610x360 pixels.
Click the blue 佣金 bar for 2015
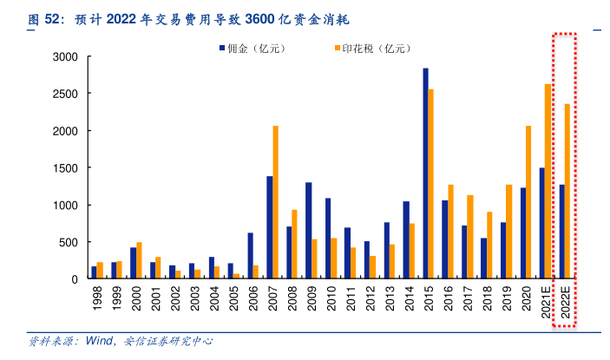pyautogui.click(x=425, y=173)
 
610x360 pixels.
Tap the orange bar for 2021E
pyautogui.click(x=548, y=181)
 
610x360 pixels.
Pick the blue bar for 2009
pyautogui.click(x=308, y=231)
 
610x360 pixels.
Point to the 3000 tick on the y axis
pyautogui.click(x=66, y=57)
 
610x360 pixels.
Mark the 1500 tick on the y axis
pyautogui.click(x=66, y=168)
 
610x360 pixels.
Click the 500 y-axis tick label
pyautogui.click(x=69, y=242)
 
